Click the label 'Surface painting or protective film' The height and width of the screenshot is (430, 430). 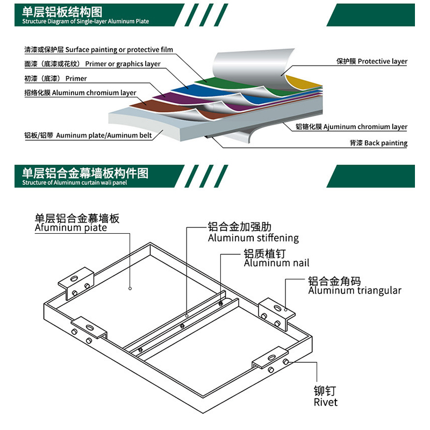(119, 49)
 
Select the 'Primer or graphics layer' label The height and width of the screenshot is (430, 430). (123, 64)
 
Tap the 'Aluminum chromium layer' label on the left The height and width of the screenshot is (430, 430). (94, 93)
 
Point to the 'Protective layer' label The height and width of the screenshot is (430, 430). (383, 61)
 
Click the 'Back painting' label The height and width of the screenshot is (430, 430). (386, 143)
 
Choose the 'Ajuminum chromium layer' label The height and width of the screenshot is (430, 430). (365, 127)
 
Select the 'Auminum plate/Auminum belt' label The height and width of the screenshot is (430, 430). (104, 135)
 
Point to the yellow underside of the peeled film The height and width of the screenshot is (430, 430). (301, 83)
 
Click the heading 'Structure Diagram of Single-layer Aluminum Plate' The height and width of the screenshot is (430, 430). (85, 21)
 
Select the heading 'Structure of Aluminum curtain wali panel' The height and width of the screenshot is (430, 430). (75, 183)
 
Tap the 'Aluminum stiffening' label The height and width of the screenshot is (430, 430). (253, 238)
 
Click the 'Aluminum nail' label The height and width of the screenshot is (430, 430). (276, 263)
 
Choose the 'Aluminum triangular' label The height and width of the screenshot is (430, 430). (355, 290)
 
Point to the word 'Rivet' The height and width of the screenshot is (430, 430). (326, 402)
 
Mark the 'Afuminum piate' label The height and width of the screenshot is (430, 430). (71, 227)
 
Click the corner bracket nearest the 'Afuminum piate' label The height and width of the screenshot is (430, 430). (76, 283)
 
